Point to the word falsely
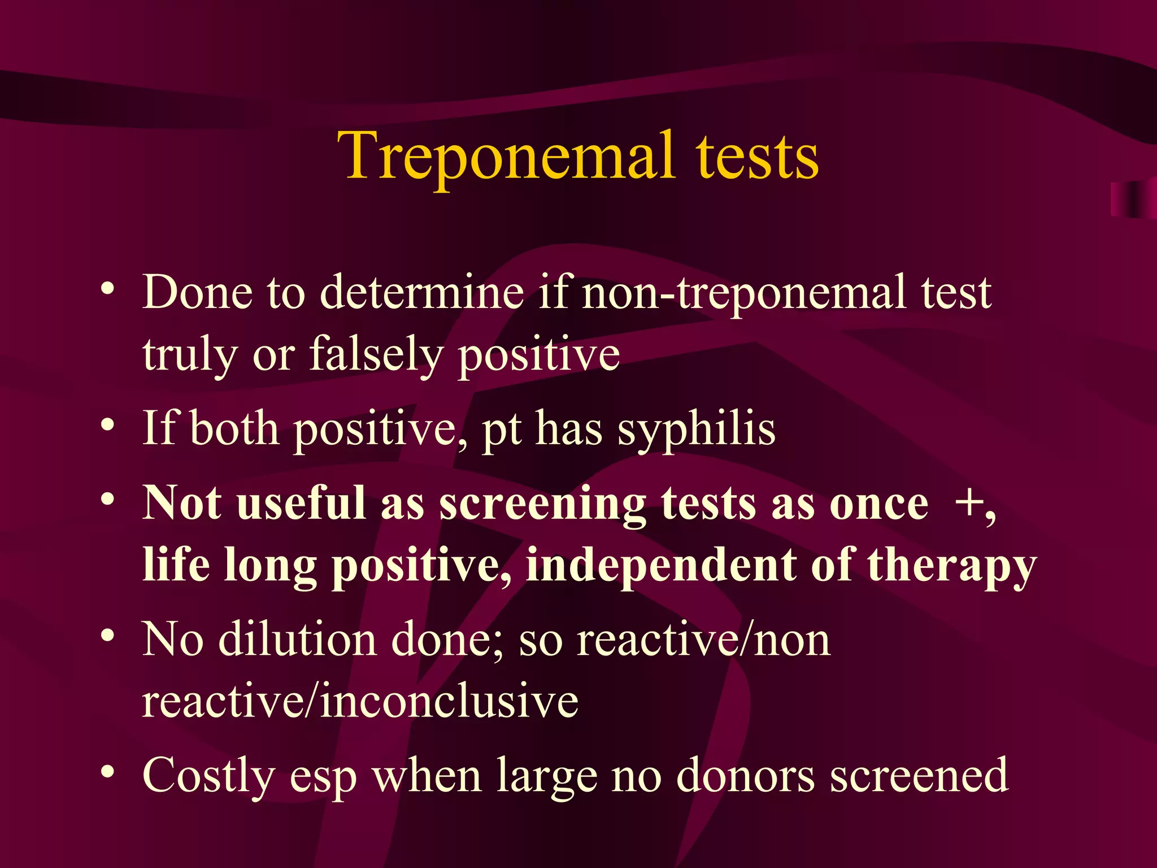click(376, 354)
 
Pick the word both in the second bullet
click(234, 428)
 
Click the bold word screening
click(543, 504)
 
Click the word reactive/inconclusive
click(360, 701)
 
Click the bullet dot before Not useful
click(108, 498)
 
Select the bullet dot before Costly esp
click(108, 771)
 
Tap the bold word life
click(176, 565)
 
